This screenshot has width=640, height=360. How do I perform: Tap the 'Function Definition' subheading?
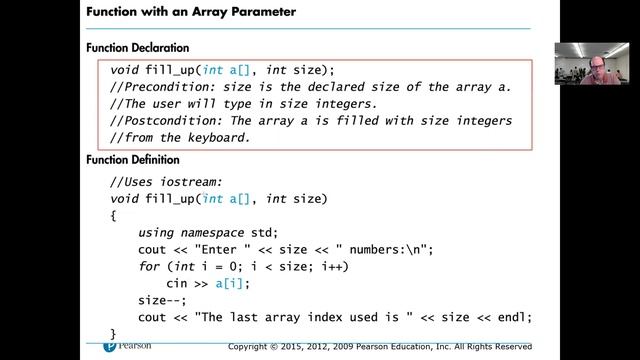click(133, 160)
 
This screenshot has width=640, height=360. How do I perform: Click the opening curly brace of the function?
click(114, 215)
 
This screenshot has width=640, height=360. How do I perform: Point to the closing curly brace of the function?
click(114, 333)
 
